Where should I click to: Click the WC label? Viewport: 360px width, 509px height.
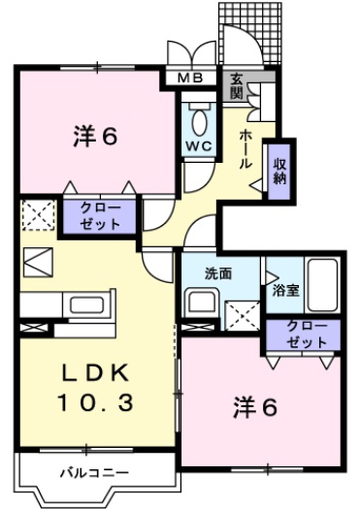coord(199,146)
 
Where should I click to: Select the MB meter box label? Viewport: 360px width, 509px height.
coord(187,79)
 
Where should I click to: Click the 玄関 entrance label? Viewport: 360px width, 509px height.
coord(237,86)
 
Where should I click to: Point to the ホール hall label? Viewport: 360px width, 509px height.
coord(246,146)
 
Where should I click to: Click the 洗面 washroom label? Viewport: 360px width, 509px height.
coord(217,274)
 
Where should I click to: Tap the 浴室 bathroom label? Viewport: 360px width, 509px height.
coord(284,288)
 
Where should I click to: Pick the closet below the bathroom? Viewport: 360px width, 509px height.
coord(304,334)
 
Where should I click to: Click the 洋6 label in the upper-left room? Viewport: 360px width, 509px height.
coord(94,138)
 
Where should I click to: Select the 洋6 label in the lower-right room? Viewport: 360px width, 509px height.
coord(254,408)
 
